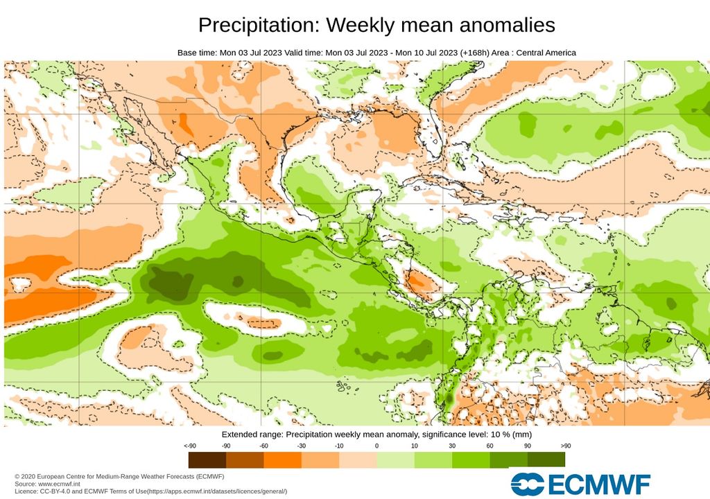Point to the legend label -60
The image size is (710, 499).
coord(263,446)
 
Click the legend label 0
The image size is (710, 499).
coord(376,446)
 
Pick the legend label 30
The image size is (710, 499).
coord(452,446)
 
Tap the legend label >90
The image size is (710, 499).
coord(565,446)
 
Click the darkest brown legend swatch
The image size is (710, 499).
coord(207,459)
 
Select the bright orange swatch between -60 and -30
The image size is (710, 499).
coord(282,459)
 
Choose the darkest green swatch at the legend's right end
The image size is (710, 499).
coord(546,459)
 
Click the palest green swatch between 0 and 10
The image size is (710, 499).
coord(395,459)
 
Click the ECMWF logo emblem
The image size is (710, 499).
coord(527,483)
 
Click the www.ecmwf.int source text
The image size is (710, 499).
coord(63,484)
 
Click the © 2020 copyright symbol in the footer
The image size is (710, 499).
coord(17,477)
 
